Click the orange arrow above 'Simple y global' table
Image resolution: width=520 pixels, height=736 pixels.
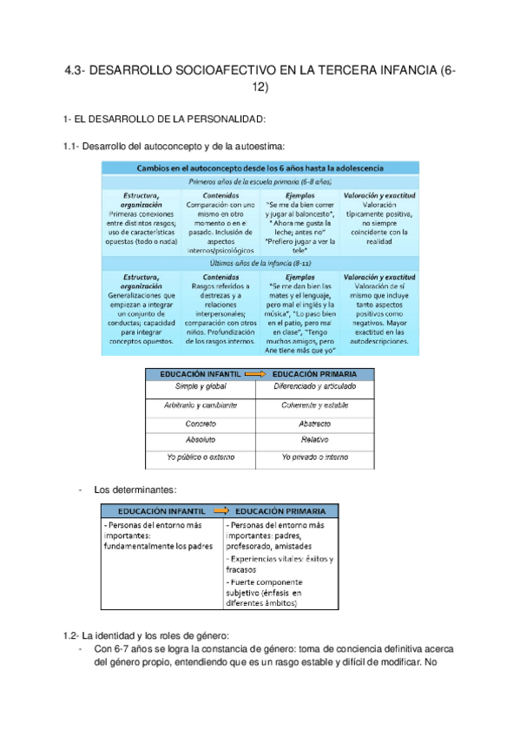tap(256, 373)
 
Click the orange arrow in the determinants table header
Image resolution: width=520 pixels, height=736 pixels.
tap(221, 509)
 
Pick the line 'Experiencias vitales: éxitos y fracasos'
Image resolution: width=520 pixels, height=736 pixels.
tap(279, 565)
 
